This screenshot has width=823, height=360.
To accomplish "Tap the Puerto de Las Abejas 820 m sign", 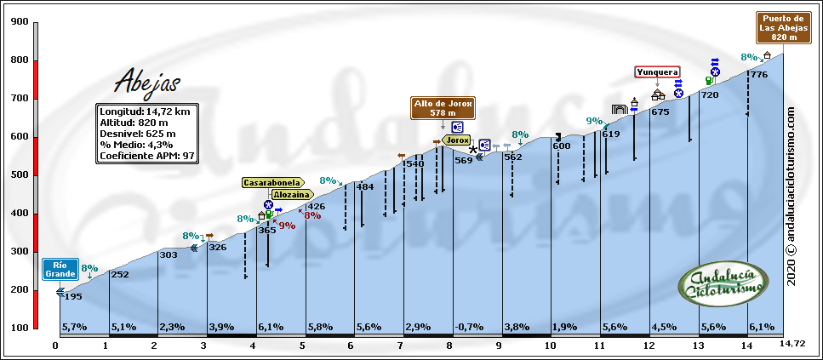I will point(784,27).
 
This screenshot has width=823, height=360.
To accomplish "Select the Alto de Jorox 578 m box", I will point(443,107).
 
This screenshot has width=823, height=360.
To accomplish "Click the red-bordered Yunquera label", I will point(657,72).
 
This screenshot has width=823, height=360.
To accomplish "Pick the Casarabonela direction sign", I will point(271,182).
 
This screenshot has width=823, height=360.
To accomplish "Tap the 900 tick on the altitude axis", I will point(19,22).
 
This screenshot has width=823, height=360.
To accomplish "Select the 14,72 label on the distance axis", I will point(792,344).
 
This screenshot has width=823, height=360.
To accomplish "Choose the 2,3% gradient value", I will point(172,327).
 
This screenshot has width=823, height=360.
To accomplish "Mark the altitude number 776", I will point(759,76).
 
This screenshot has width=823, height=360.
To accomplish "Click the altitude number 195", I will point(73,296).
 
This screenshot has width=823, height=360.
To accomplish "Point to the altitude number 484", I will point(364,187).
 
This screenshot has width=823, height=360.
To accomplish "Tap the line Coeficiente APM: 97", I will point(148,156).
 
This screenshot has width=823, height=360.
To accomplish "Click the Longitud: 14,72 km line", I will point(144,111).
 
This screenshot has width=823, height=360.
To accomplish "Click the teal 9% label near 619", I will point(594,121).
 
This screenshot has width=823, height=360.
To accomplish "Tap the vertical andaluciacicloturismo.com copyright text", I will point(791,196).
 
